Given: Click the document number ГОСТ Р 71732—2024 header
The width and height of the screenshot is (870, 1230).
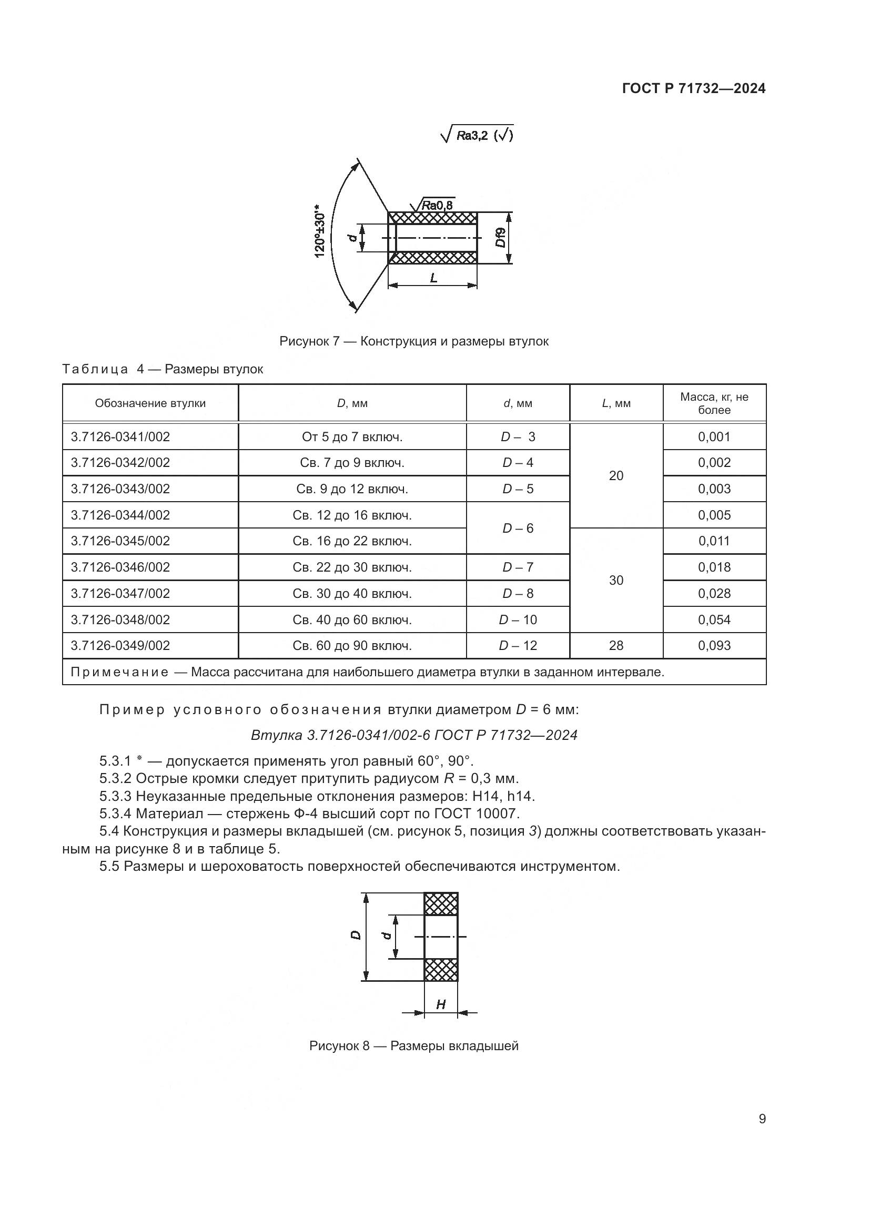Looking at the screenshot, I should click(x=694, y=89).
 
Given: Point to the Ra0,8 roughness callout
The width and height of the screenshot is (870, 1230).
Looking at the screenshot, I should click(x=437, y=205).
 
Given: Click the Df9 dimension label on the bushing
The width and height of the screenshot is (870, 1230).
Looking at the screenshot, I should click(x=500, y=238).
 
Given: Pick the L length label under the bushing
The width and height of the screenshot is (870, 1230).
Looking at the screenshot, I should click(x=433, y=278).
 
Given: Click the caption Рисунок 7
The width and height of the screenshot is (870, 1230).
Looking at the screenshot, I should click(x=413, y=341).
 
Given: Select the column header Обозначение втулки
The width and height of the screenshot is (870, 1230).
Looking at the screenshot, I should click(x=150, y=403).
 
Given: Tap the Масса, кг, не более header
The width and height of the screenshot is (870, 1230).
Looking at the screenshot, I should click(x=714, y=403).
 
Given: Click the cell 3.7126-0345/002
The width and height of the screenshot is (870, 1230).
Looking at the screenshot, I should click(x=120, y=541).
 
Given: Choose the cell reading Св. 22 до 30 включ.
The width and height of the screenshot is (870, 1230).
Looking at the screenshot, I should click(x=352, y=567).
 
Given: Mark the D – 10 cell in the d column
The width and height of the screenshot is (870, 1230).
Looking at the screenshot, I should click(x=518, y=620).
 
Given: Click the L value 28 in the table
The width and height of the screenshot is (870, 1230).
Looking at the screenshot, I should click(x=616, y=646).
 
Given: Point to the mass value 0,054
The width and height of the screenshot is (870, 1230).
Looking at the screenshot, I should click(x=714, y=620).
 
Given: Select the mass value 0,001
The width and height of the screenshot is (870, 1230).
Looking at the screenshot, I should click(x=714, y=437).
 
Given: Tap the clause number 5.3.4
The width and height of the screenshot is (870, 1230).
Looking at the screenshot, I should click(x=115, y=814).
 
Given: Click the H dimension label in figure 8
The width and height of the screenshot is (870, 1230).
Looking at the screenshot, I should click(x=441, y=1004).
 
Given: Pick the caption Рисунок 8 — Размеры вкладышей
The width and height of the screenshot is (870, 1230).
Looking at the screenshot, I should click(x=413, y=1046).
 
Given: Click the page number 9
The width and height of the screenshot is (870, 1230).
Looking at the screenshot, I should click(x=762, y=1119).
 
